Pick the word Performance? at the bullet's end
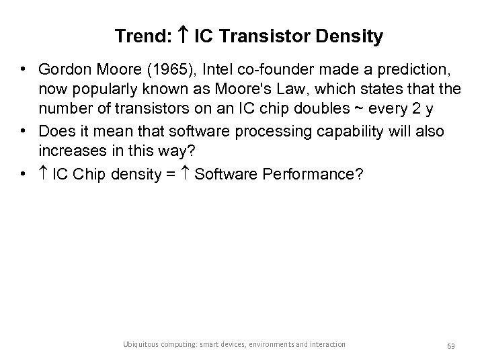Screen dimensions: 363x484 click(x=313, y=174)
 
